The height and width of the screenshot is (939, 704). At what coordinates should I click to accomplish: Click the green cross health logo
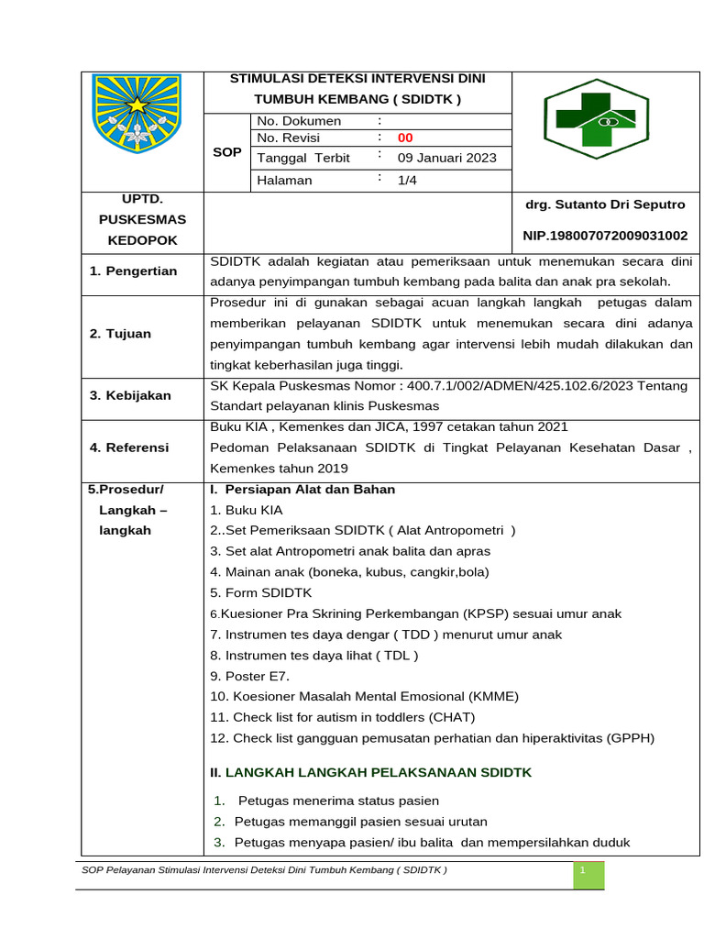[x=596, y=118]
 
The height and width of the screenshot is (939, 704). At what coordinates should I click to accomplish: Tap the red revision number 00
[x=405, y=138]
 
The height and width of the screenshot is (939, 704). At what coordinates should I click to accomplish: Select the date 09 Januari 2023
[x=446, y=158]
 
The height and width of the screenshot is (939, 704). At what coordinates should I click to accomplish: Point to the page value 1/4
[x=407, y=181]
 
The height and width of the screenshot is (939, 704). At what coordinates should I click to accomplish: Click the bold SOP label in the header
[x=226, y=152]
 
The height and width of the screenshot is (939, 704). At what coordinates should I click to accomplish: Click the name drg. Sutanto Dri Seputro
[x=604, y=204]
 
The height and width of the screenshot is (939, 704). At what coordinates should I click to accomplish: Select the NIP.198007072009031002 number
[x=604, y=236]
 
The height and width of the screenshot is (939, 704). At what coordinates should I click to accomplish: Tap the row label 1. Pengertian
[x=134, y=271]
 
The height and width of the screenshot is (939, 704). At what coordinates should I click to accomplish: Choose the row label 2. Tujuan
[x=121, y=334]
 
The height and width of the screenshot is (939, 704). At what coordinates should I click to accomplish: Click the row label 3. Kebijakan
[x=130, y=395]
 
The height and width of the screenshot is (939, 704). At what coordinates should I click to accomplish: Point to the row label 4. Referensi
[x=129, y=447]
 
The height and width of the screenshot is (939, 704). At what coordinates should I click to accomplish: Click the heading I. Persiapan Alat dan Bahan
[x=302, y=490]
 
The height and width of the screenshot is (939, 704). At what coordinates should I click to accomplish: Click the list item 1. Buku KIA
[x=247, y=510]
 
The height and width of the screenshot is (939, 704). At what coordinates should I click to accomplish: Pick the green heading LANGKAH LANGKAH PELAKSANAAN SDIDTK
[x=378, y=773]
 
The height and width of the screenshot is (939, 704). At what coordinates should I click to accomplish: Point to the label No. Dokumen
[x=299, y=121]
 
